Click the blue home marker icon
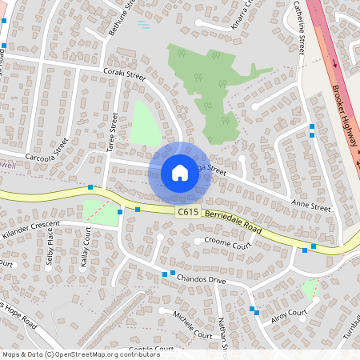(180, 172)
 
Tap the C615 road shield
(187, 211)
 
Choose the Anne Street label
(311, 206)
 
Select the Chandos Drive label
(202, 280)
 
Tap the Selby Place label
(49, 249)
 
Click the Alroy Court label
(288, 314)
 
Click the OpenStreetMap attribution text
(80, 354)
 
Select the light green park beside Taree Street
(145, 124)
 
